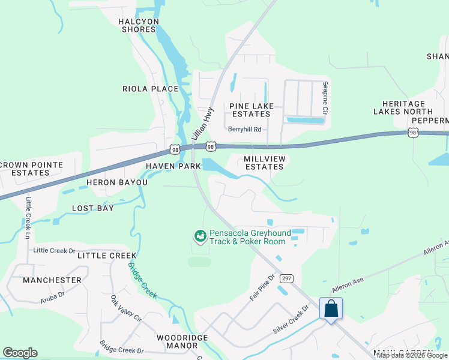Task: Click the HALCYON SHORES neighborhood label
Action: click(139, 25)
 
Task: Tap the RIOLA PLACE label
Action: click(151, 89)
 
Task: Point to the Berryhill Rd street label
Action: click(245, 129)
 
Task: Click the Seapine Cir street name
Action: click(325, 98)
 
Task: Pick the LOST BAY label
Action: click(93, 208)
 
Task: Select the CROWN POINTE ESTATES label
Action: click(25, 169)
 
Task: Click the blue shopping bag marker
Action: click(331, 309)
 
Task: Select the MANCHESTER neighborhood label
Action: click(52, 280)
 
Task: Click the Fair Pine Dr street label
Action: click(262, 288)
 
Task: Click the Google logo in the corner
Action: click(20, 353)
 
